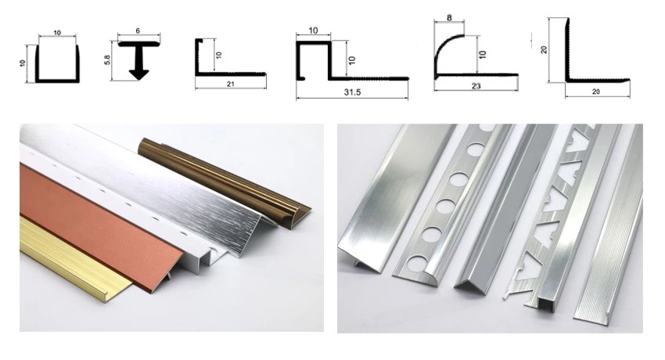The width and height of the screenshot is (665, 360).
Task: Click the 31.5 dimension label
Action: (352, 92)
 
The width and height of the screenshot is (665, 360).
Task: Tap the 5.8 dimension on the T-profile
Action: (108, 59)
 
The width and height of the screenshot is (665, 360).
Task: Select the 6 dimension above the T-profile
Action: (138, 31)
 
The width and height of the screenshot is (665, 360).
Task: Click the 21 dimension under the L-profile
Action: (230, 84)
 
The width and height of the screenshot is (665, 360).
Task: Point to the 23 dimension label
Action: (476, 86)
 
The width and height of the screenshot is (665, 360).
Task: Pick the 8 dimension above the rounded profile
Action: (449, 18)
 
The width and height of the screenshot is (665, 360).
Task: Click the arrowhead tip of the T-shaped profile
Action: (138, 80)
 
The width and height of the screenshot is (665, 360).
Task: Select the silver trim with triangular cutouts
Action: (560, 212)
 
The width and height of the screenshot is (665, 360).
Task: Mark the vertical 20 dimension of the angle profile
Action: (544, 49)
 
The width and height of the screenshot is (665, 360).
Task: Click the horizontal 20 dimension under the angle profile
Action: (596, 92)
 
